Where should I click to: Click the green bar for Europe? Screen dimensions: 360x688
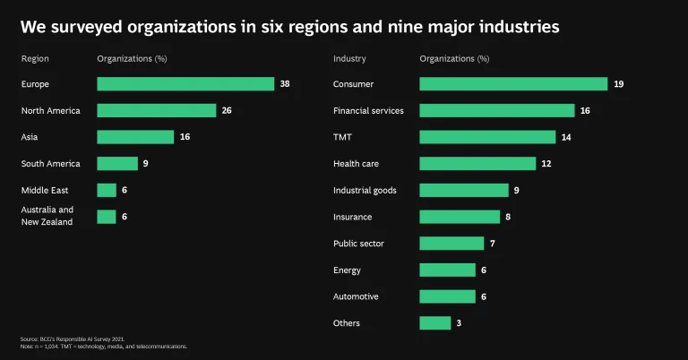pos(185,84)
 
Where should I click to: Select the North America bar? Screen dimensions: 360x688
pos(157,110)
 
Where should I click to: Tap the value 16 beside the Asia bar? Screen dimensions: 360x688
pos(185,137)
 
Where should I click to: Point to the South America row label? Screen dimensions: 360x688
pos(50,164)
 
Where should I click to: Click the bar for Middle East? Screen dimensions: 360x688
pos(107,190)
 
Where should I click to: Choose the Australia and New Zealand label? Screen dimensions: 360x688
pos(47,216)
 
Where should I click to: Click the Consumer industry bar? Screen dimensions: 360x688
pos(513,84)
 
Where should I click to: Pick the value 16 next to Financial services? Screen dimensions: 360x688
pos(586,111)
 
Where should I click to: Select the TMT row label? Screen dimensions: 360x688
pos(342,137)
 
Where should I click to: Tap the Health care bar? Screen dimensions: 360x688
pos(477,164)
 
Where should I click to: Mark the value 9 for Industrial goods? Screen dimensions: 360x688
pos(517,190)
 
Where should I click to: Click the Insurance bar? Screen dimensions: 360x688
pos(460,217)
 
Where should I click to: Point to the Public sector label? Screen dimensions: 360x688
pos(358,244)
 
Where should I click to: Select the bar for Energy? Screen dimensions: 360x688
pos(447,270)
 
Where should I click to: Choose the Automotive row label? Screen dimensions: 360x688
pos(356,296)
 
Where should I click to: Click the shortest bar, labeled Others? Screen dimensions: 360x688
pos(434,323)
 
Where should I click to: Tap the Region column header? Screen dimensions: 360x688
pos(35,59)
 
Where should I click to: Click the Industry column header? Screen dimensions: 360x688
pos(348,59)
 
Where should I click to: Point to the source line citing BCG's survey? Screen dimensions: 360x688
pos(72,339)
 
